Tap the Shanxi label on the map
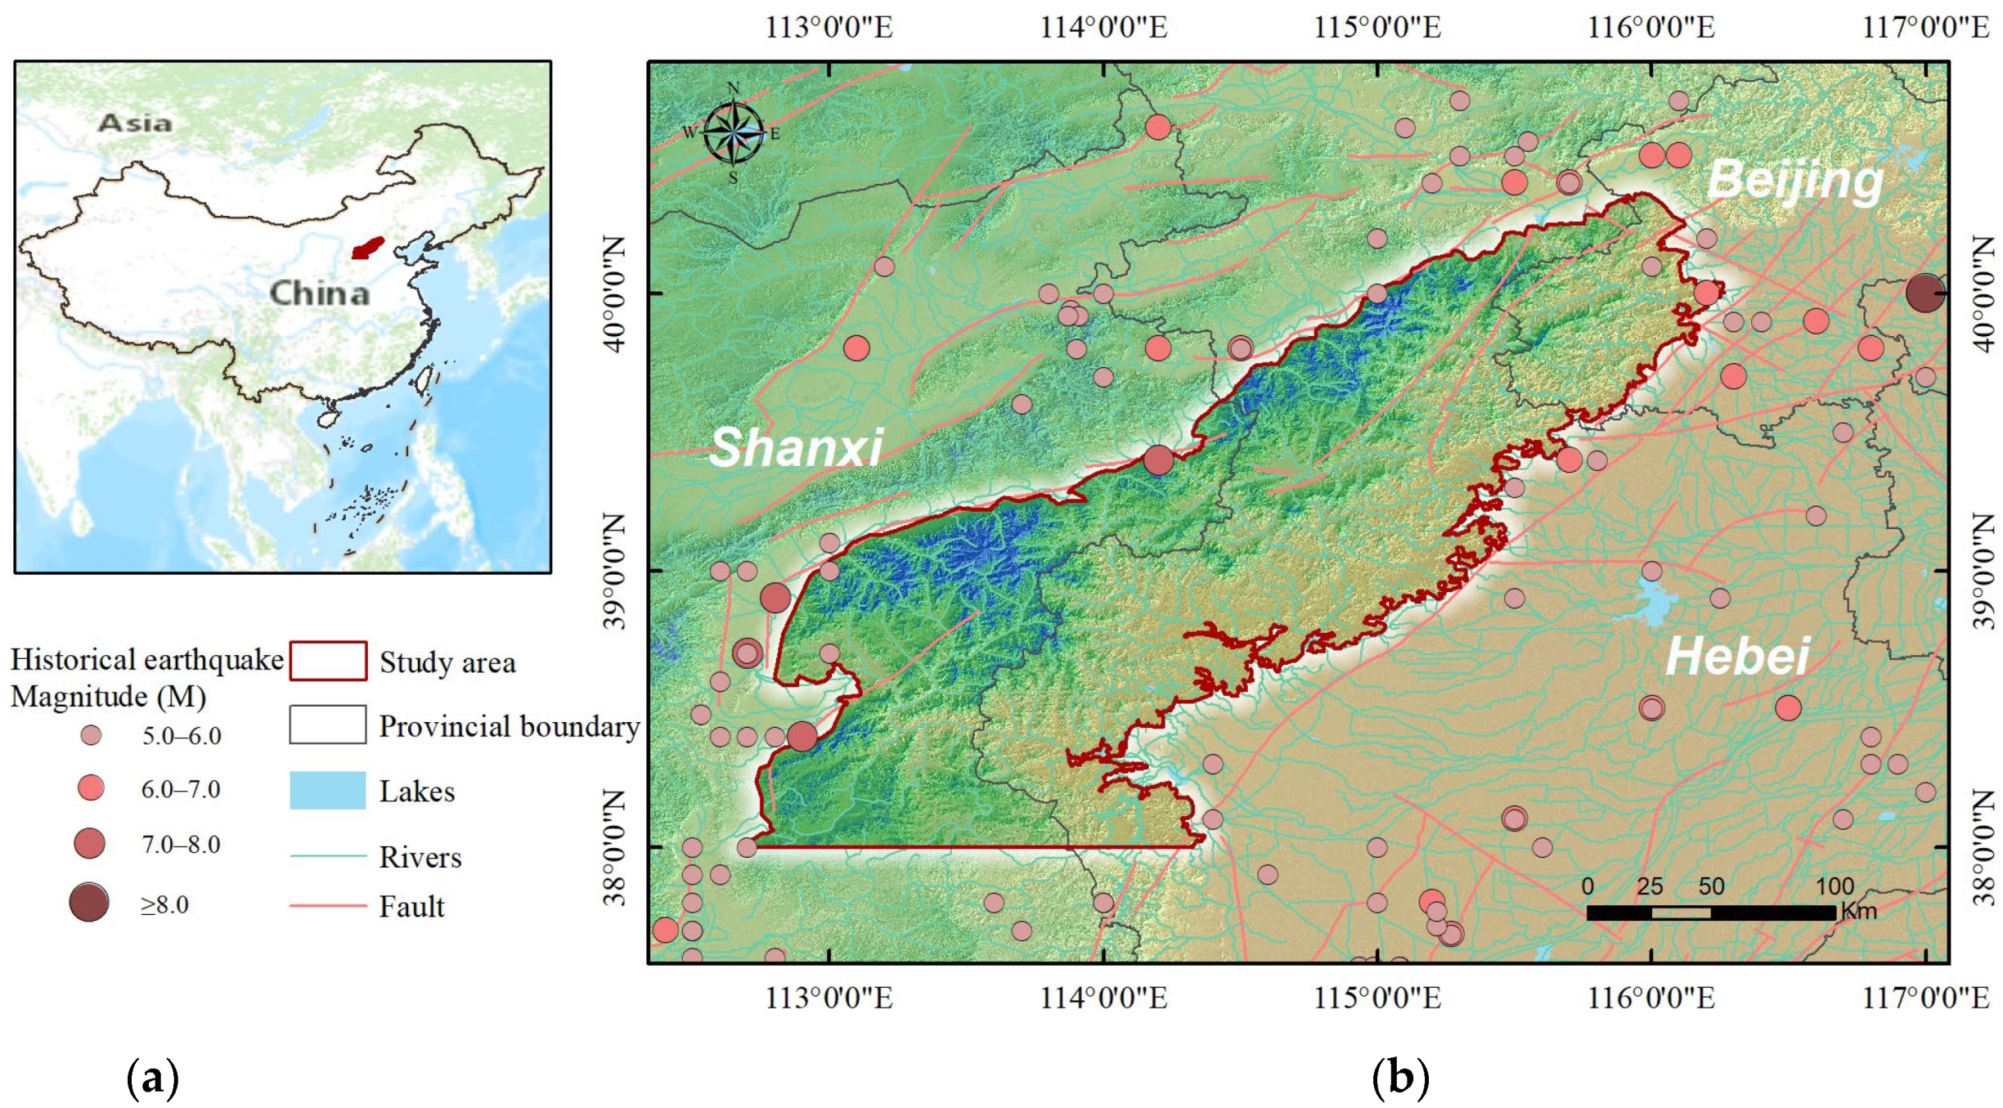(796, 447)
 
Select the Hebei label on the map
(1737, 656)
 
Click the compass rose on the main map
(733, 133)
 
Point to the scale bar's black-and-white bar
(1711, 912)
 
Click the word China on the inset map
(320, 293)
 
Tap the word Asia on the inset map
(135, 123)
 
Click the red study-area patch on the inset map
(367, 248)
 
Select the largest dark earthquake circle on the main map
(1924, 293)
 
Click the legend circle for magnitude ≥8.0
(89, 903)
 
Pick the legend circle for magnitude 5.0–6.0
(91, 735)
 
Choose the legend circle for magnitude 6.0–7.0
(91, 788)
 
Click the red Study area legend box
(328, 661)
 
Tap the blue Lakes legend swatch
(328, 790)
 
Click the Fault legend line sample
(328, 906)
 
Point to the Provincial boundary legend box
(328, 724)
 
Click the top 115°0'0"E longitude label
(1377, 28)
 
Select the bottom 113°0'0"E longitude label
(829, 998)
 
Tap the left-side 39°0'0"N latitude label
(615, 571)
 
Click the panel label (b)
(1400, 1077)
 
